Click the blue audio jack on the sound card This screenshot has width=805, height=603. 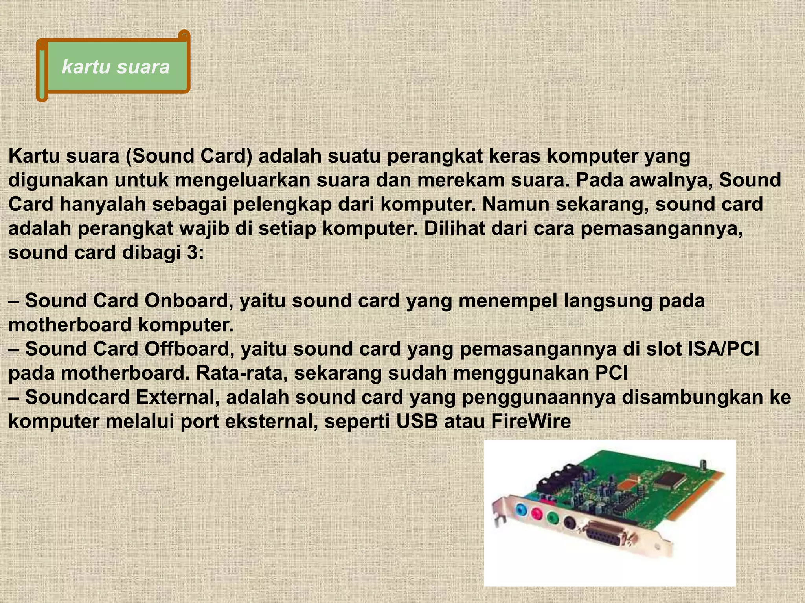(x=520, y=510)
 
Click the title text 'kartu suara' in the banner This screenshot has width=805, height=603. (x=116, y=67)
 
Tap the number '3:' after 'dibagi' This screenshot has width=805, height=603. (x=195, y=252)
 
